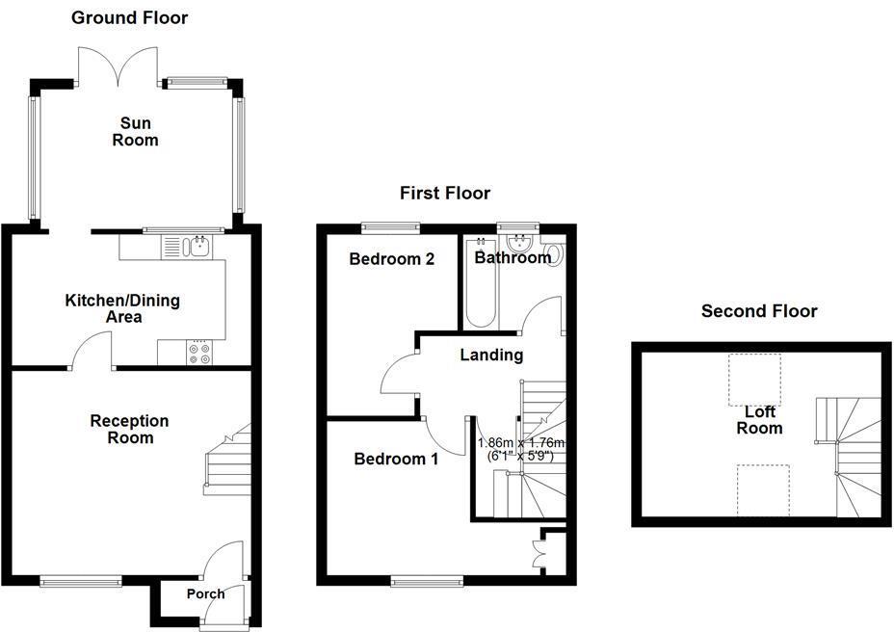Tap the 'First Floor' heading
click(x=445, y=194)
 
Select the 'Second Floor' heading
click(x=759, y=311)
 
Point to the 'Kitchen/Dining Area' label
click(x=121, y=308)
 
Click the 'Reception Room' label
click(x=129, y=430)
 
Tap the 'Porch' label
click(x=205, y=593)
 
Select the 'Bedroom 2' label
click(x=391, y=259)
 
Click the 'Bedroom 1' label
click(x=396, y=460)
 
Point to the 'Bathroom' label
click(x=513, y=257)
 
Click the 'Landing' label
click(x=491, y=355)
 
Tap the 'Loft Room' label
click(x=759, y=420)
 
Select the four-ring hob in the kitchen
click(x=200, y=354)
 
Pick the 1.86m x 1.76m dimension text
click(x=521, y=450)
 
